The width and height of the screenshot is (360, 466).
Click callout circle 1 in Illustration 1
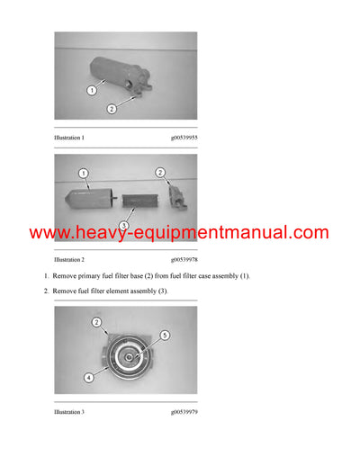point(91,90)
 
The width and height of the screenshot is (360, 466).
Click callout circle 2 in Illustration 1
point(112,108)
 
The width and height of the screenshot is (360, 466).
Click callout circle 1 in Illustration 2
point(83,172)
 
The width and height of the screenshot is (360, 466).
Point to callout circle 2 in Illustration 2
point(160,172)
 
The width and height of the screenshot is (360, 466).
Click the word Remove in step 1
point(66,275)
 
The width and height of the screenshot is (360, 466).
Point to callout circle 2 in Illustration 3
point(95,320)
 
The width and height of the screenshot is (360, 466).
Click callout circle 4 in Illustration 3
point(88,378)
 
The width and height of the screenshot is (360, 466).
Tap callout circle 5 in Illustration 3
point(164,336)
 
